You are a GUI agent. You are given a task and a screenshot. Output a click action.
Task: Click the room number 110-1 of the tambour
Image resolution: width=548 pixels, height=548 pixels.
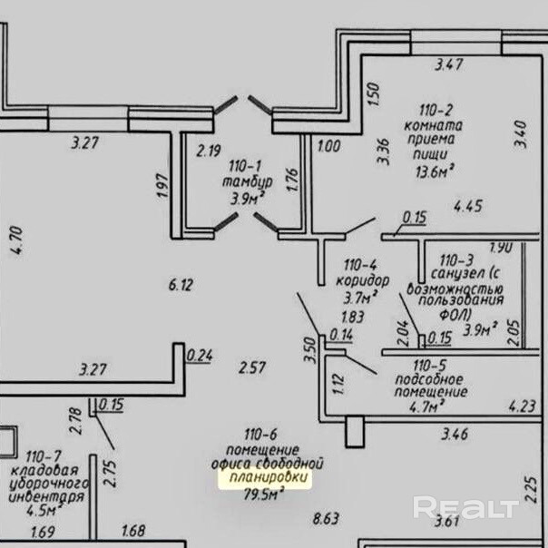point(244,166)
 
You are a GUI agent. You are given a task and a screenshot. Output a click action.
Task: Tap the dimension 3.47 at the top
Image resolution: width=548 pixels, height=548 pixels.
point(449,64)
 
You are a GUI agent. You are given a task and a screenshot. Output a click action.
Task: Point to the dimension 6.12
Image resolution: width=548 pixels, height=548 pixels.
point(181,285)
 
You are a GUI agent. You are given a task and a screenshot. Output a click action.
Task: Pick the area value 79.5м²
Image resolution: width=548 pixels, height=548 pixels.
point(264,494)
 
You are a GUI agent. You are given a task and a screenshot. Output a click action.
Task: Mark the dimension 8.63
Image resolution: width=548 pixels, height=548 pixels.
point(326,519)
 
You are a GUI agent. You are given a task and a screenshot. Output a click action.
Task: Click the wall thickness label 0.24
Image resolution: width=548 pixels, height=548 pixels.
point(199,355)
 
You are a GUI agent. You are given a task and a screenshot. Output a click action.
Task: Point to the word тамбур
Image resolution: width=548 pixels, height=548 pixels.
point(245,182)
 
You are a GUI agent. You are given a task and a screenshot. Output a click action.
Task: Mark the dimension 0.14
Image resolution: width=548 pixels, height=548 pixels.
point(341,335)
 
